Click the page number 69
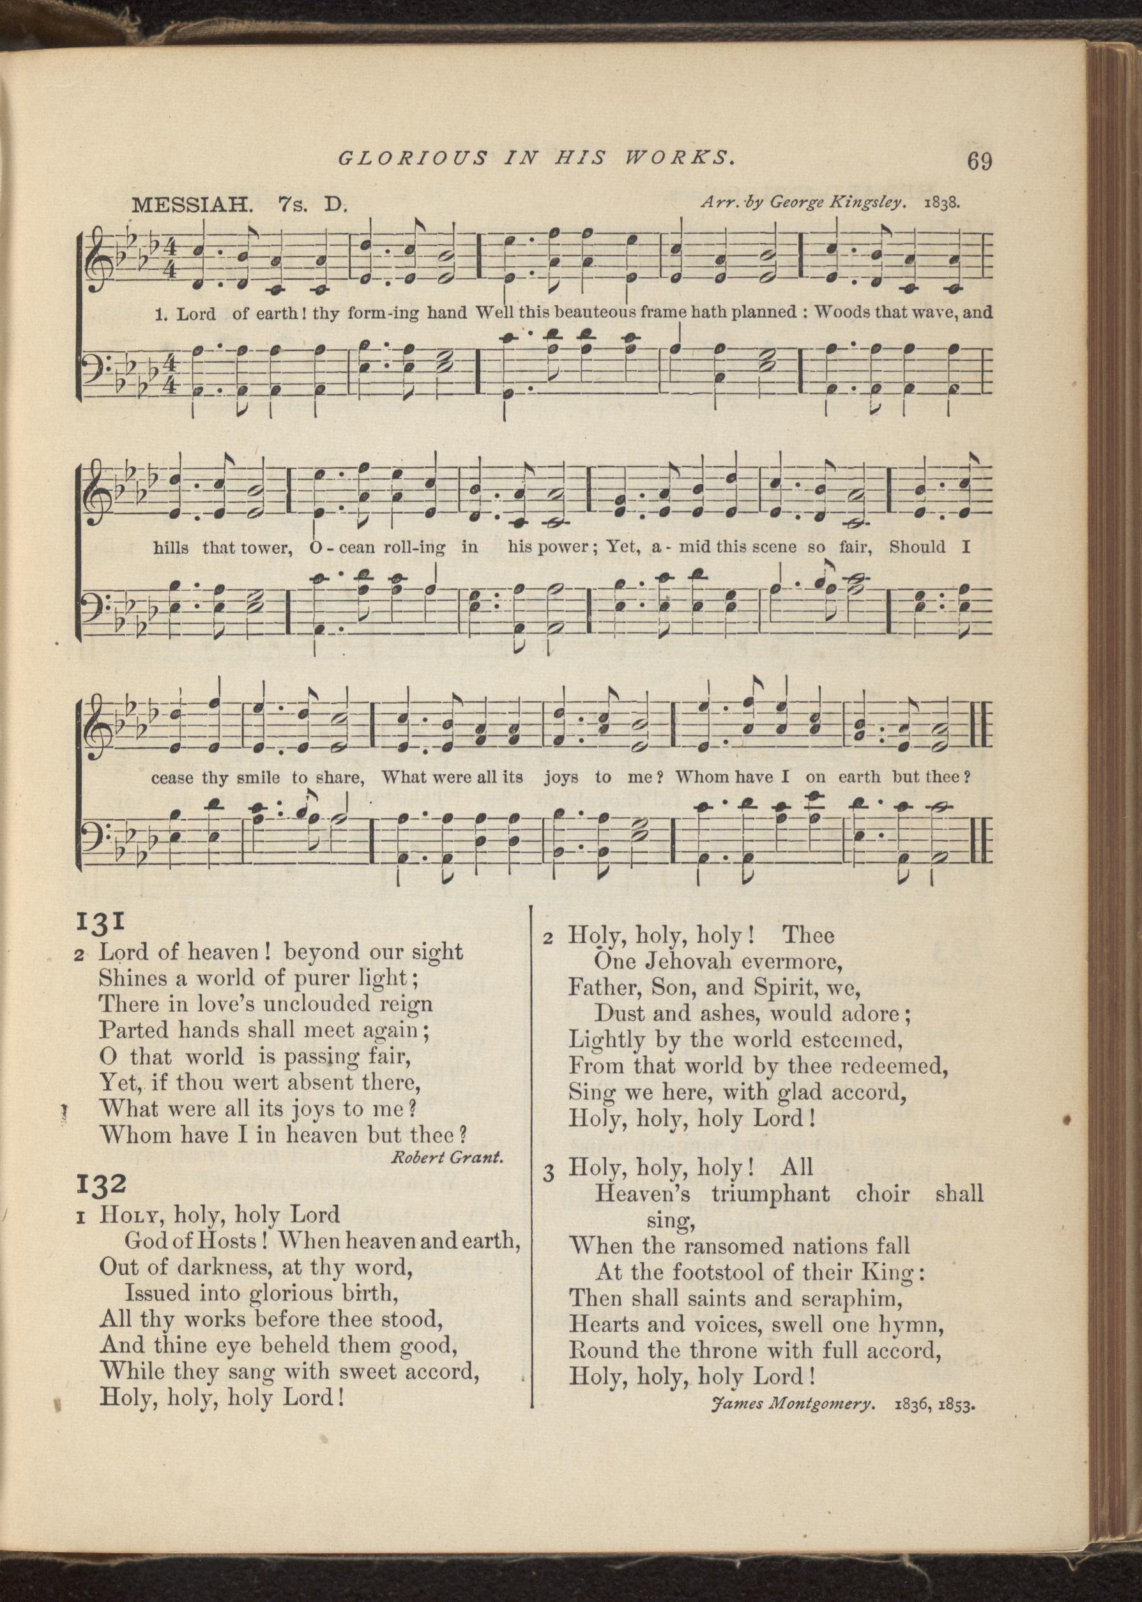[980, 161]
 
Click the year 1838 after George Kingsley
[941, 202]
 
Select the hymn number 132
[102, 1183]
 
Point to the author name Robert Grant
[447, 1158]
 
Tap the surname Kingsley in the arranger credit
[865, 202]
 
